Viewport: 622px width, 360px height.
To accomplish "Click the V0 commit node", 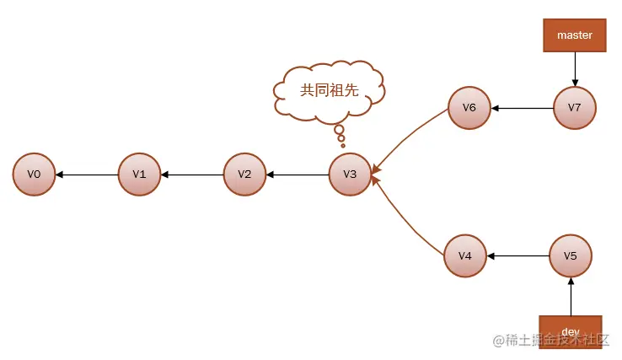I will tap(34, 175).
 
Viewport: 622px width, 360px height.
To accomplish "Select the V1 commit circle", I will tap(139, 175).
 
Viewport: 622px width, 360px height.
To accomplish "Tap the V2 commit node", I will tap(244, 175).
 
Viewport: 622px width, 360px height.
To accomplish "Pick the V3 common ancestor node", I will tap(350, 175).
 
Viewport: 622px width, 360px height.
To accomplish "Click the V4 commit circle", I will tap(465, 255).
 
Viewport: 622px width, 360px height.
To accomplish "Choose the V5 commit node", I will tap(571, 255).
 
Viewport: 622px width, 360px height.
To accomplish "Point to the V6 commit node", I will tap(469, 108).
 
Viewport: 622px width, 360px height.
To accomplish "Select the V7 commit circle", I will tap(575, 108).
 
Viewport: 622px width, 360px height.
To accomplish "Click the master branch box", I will tap(575, 35).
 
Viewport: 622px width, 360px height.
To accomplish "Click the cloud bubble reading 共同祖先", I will tap(329, 89).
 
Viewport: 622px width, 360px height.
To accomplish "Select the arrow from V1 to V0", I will tap(87, 175).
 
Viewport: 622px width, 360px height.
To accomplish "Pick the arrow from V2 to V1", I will tap(192, 175).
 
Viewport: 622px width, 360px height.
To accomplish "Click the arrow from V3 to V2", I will tap(298, 175).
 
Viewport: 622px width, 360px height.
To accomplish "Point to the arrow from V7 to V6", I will tap(523, 108).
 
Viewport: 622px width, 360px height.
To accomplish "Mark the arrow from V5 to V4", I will tap(518, 255).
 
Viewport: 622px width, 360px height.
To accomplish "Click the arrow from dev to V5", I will tap(571, 295).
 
